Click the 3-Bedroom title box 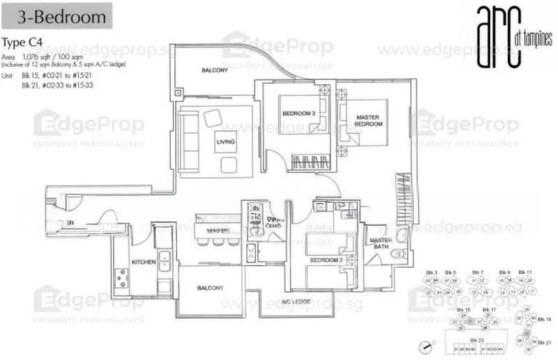56,15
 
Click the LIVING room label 225,143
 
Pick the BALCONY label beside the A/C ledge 209,287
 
